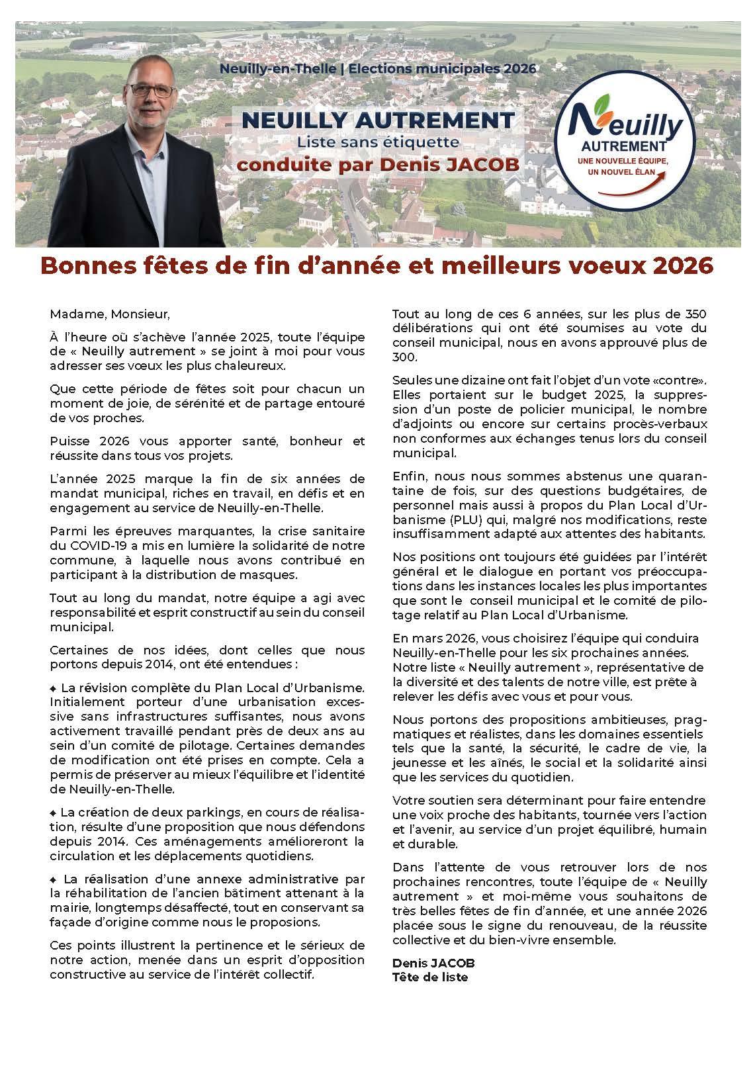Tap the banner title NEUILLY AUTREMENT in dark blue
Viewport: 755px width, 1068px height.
click(378, 120)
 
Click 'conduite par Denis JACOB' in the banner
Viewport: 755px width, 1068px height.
click(378, 163)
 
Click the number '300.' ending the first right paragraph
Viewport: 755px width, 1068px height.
click(405, 357)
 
